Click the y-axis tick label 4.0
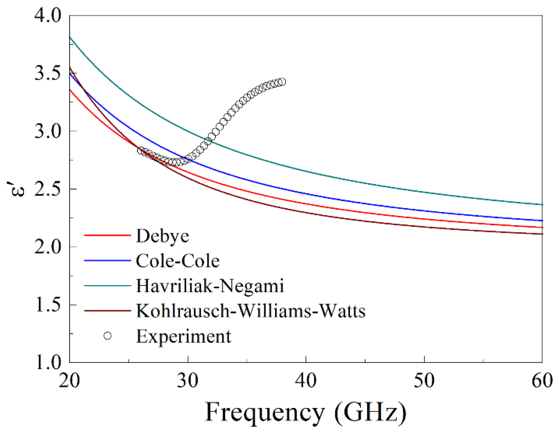[x=48, y=15]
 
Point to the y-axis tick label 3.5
[x=48, y=73]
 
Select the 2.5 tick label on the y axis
[x=48, y=189]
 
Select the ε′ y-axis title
[x=19, y=189]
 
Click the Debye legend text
[x=162, y=236]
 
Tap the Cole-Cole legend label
[x=178, y=261]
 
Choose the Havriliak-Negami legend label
[x=210, y=286]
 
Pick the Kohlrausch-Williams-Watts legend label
[x=250, y=311]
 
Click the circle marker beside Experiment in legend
[x=107, y=336]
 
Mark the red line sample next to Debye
[x=107, y=235]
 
